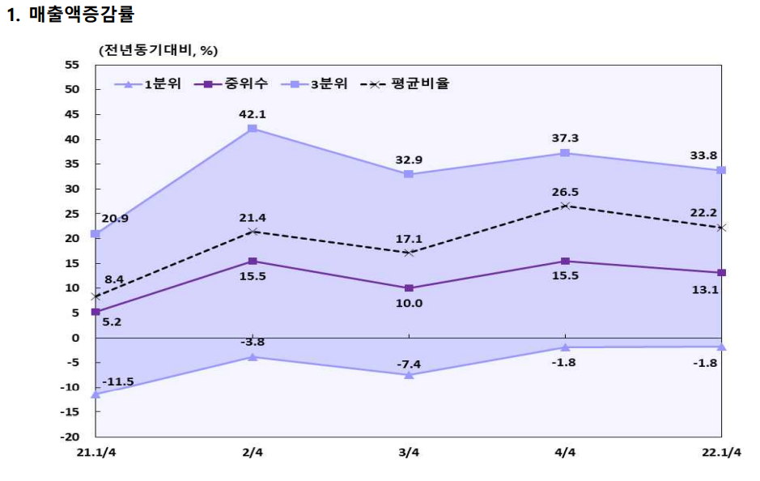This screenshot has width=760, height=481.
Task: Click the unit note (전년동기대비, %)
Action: (x=159, y=50)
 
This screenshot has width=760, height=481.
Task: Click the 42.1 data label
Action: (x=253, y=114)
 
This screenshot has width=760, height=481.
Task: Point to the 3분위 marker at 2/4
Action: (x=253, y=129)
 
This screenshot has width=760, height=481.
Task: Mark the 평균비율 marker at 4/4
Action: (x=564, y=206)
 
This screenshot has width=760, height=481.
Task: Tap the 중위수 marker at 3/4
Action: (x=409, y=288)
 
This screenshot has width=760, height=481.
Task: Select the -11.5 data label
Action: (x=117, y=381)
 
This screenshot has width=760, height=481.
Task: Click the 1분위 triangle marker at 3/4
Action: (x=409, y=375)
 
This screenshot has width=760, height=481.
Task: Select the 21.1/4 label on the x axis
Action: (x=96, y=452)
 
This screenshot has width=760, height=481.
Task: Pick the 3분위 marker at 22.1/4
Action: (x=721, y=170)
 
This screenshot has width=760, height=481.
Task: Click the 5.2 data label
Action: (x=113, y=322)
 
